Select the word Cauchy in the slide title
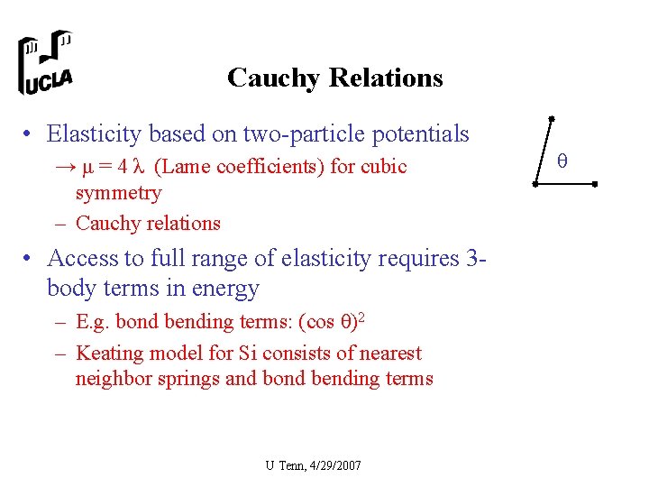point(273,78)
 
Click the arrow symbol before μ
point(64,167)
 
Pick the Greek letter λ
point(139,167)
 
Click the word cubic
point(384,167)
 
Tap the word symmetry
point(118,193)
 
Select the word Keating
point(108,354)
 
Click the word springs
point(187,379)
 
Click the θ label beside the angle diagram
point(562,161)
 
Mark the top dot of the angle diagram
point(552,118)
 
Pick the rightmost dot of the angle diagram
point(596,184)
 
